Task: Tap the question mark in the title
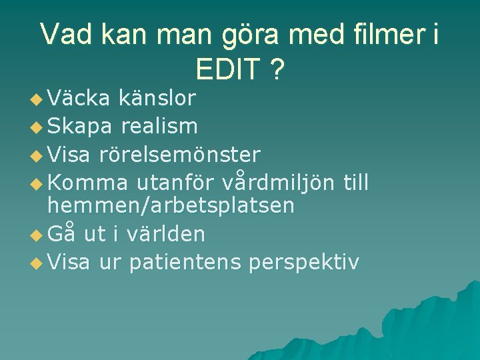(x=275, y=69)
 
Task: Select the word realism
(x=159, y=126)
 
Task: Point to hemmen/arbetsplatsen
(x=171, y=206)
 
